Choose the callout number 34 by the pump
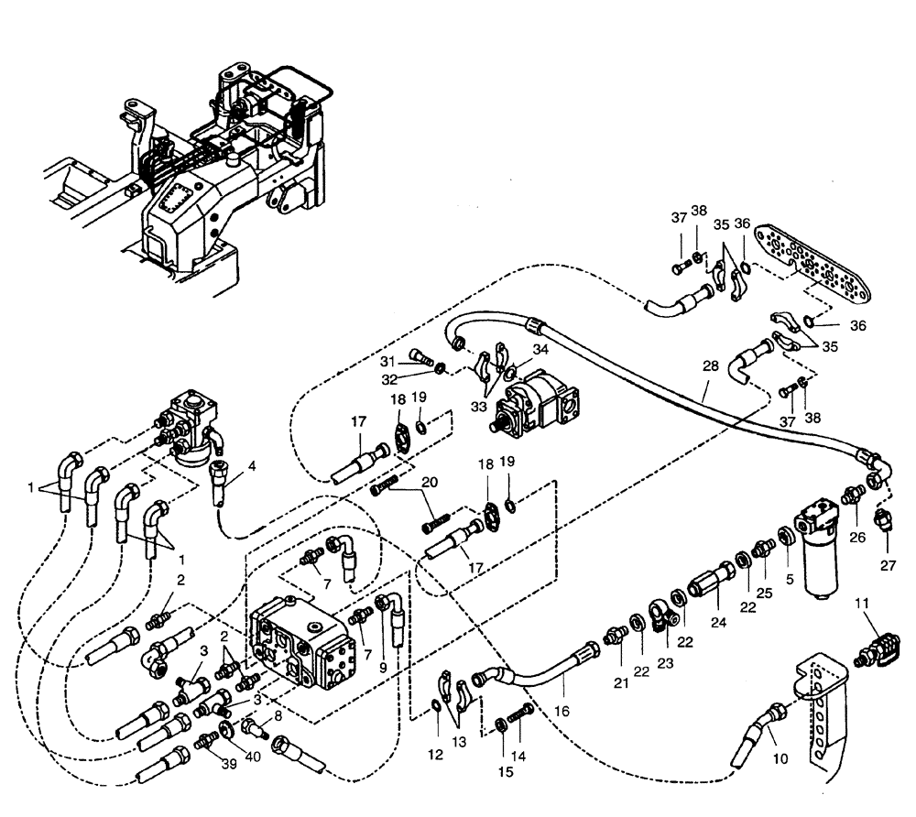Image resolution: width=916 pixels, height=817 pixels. (541, 349)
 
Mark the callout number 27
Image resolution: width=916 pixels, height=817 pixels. (889, 565)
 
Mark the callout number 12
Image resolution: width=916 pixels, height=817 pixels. (435, 755)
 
